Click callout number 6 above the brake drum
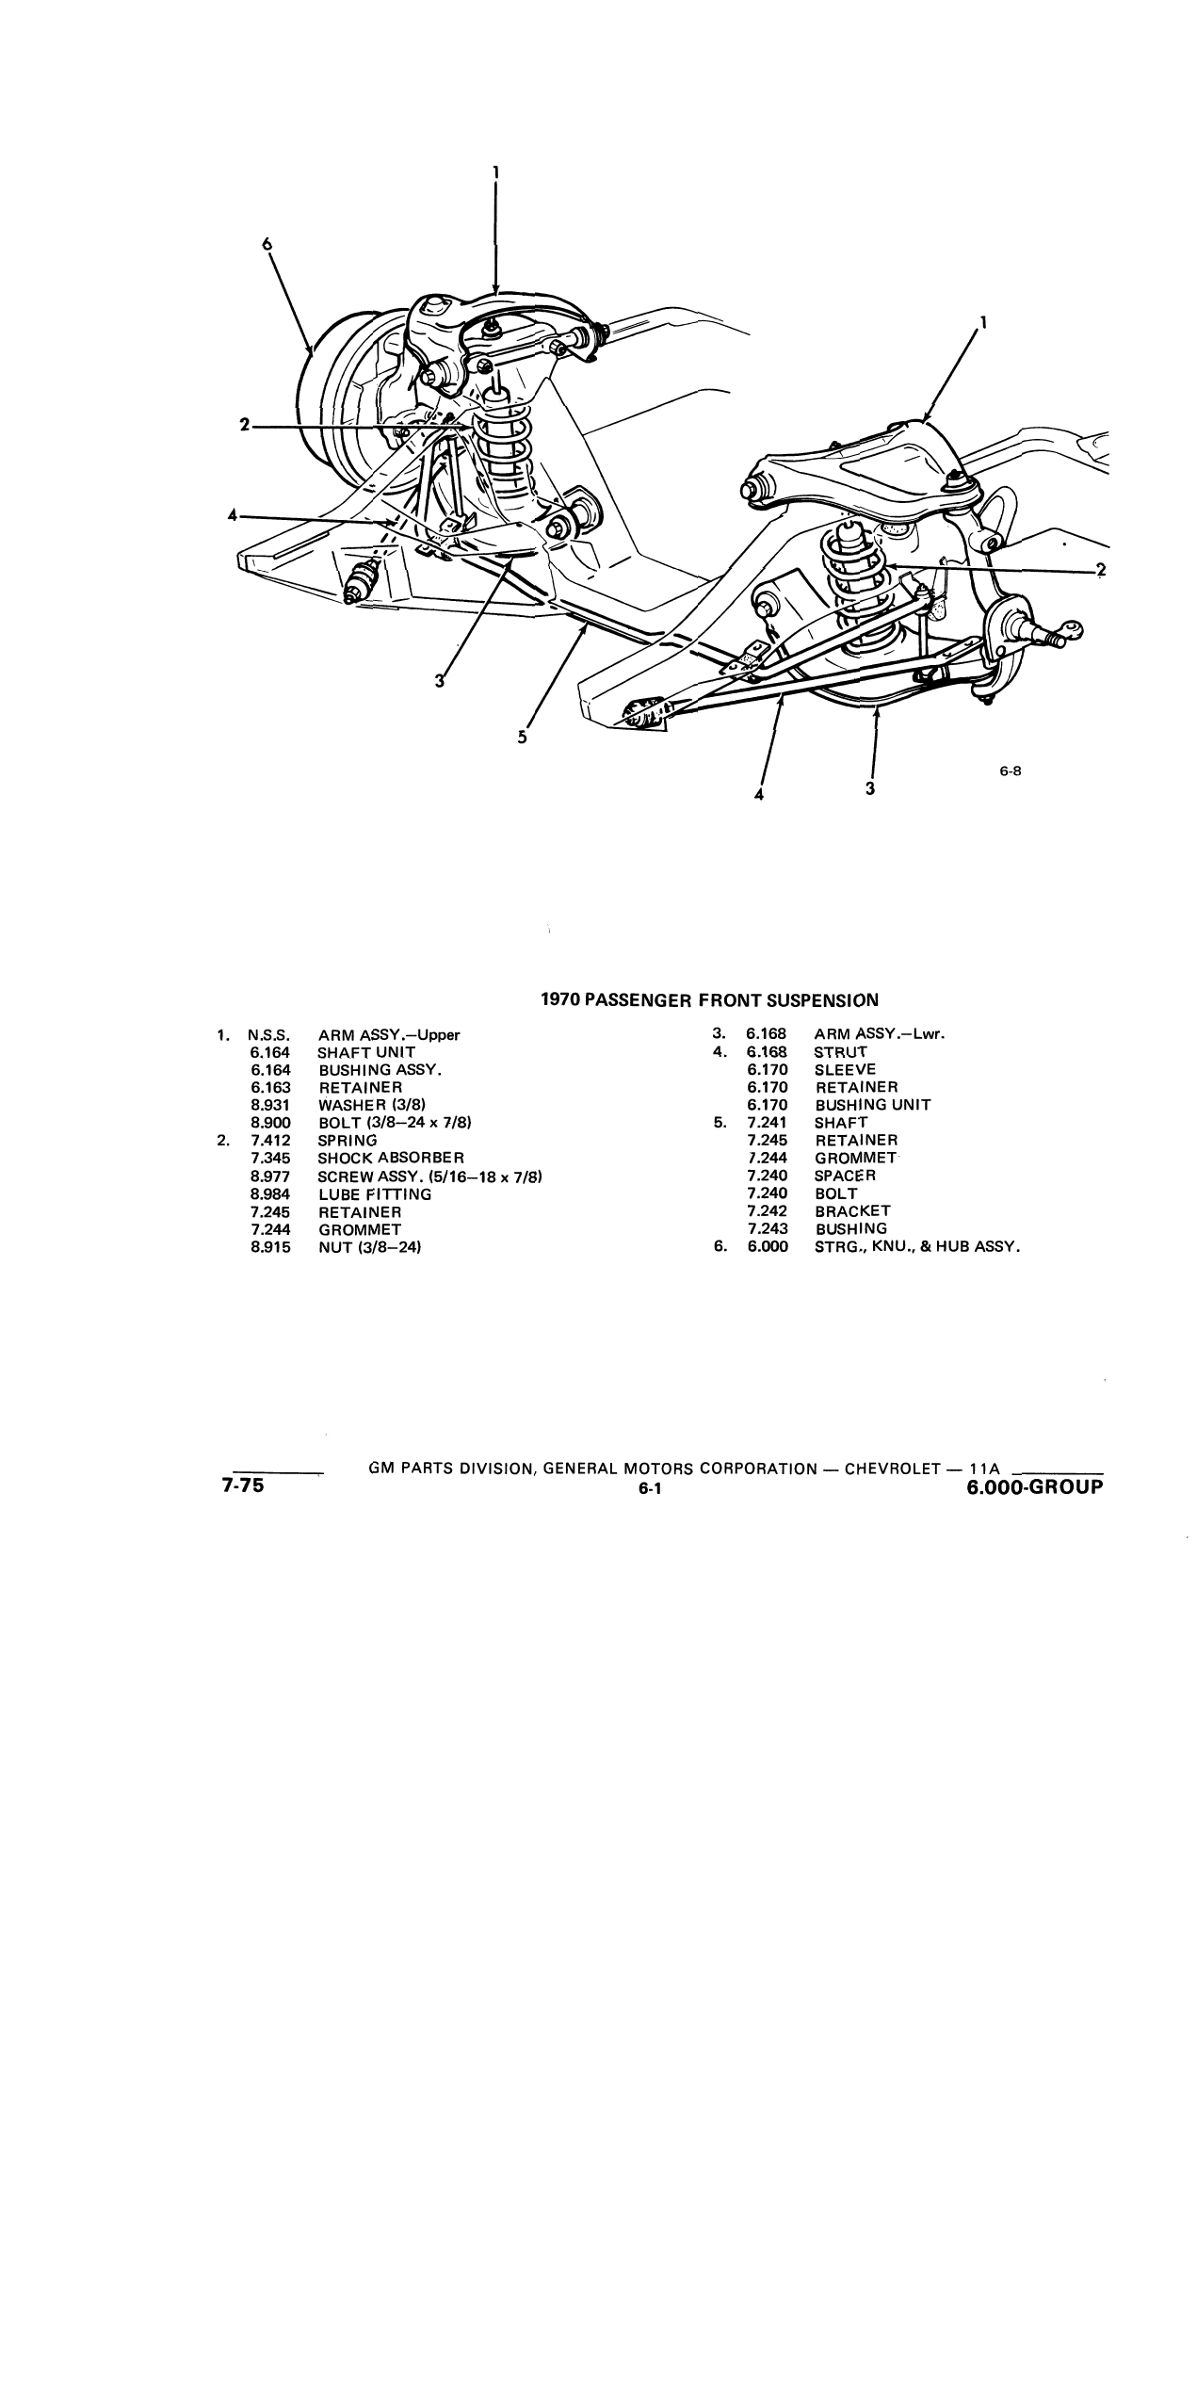(x=267, y=243)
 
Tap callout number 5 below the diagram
(x=522, y=738)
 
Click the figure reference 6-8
(x=1011, y=771)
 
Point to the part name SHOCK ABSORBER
(x=391, y=1158)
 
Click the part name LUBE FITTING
(x=375, y=1193)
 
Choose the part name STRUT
(x=841, y=1052)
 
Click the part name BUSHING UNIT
(x=873, y=1105)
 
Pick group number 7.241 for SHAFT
(x=767, y=1123)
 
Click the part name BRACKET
(x=852, y=1211)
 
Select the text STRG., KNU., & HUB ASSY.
(x=917, y=1247)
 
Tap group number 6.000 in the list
(x=767, y=1247)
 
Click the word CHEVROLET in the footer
(x=893, y=1469)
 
